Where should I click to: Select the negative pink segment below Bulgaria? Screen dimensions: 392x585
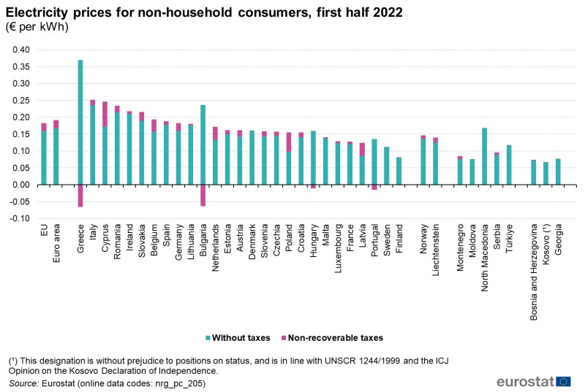point(203,195)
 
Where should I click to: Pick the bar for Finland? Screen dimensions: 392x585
point(399,171)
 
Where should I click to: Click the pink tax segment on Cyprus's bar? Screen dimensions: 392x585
point(105,114)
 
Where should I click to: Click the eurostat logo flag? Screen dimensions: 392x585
point(563,381)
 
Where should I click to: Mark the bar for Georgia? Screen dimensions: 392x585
point(558,172)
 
